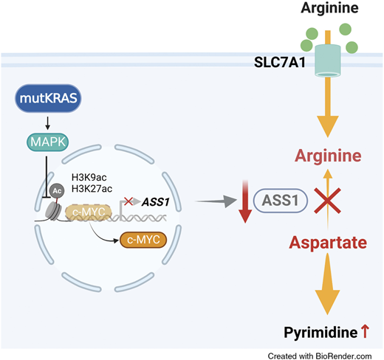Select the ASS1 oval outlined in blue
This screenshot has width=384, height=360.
tap(275, 199)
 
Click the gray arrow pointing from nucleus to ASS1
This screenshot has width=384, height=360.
tap(216, 199)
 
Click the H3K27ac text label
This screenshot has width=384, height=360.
tap(92, 188)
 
